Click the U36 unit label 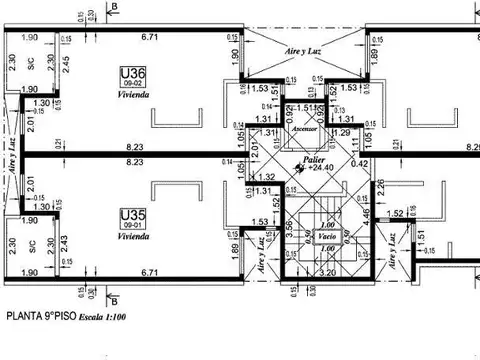133,72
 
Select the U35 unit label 132,214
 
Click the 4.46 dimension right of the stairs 367,213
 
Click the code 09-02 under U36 133,84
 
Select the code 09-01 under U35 132,226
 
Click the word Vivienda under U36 133,95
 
